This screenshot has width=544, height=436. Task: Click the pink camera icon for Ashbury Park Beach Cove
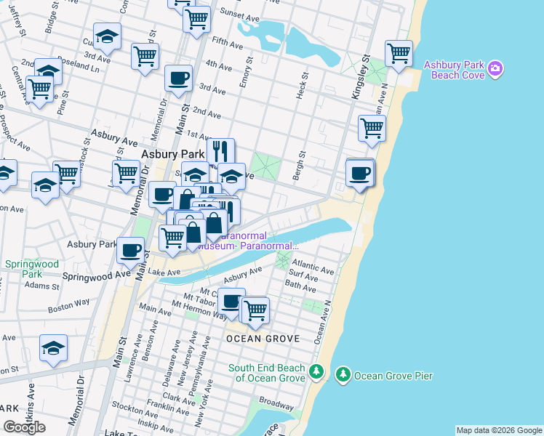tap(495, 69)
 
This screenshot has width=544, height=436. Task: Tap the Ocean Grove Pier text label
tap(393, 376)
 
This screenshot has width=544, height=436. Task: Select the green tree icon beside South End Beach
tap(316, 373)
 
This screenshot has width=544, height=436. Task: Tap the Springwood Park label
tap(23, 269)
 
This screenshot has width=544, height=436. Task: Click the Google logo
tap(24, 427)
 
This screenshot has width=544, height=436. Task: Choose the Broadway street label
tap(276, 402)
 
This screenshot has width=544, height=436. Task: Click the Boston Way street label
tap(69, 308)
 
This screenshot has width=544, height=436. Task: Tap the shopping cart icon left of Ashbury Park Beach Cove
tap(399, 53)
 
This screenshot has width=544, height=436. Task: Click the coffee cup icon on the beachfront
tap(359, 173)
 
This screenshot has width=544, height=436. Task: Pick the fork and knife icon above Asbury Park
tap(220, 151)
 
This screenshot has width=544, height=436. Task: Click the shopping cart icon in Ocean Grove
tap(255, 310)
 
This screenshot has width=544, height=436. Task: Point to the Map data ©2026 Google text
tap(499, 430)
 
